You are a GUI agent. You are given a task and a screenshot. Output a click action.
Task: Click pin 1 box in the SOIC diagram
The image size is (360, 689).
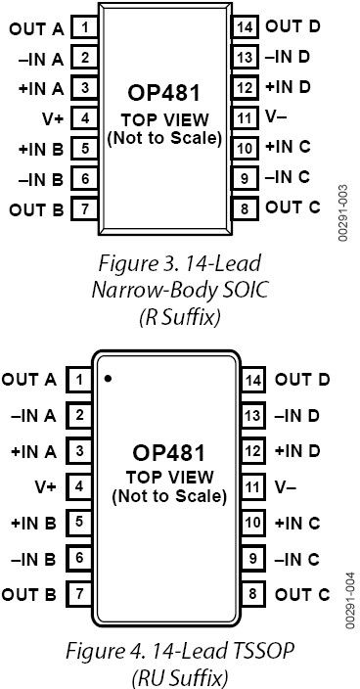[x=86, y=27]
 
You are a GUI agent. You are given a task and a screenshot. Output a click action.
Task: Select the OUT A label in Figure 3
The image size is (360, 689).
[x=37, y=28]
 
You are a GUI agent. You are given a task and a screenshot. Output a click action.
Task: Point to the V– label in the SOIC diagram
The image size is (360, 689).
[x=277, y=117]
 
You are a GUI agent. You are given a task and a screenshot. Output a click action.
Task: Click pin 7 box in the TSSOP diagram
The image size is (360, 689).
[x=79, y=593]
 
